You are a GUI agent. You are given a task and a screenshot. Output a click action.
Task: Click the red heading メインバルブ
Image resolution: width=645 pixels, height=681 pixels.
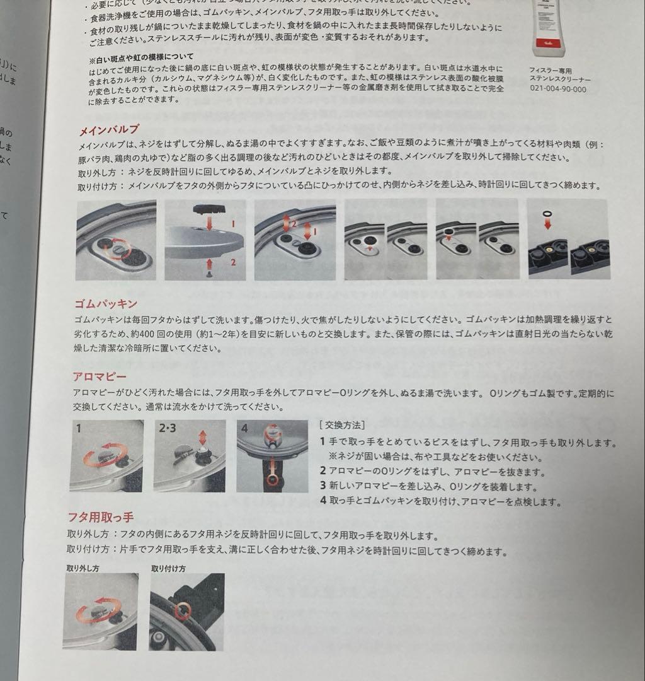pyautogui.click(x=108, y=131)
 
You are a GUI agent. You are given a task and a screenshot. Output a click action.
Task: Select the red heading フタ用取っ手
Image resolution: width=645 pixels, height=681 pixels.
pyautogui.click(x=100, y=518)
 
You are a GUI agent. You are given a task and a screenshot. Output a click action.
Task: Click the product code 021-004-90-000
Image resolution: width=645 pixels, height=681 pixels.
pyautogui.click(x=557, y=89)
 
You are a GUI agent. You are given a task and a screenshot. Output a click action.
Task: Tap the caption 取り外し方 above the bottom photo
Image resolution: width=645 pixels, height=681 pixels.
pyautogui.click(x=83, y=567)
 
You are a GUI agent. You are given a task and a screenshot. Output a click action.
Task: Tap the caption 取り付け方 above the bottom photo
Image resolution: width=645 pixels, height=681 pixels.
pyautogui.click(x=168, y=567)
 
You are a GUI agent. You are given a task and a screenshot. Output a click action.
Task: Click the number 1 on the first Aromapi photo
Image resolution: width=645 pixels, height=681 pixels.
pyautogui.click(x=78, y=428)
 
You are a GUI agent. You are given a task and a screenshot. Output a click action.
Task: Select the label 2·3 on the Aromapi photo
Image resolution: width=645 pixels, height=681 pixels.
pyautogui.click(x=168, y=429)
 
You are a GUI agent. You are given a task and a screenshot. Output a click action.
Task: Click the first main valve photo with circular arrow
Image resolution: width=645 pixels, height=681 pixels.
pyautogui.click(x=116, y=240)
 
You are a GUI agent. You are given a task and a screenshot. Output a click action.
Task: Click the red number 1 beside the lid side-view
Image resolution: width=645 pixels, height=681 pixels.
pyautogui.click(x=233, y=223)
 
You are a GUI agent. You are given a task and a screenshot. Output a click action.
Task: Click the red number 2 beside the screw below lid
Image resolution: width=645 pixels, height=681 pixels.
pyautogui.click(x=233, y=262)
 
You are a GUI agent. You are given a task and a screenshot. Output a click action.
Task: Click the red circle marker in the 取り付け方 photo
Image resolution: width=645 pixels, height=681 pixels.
pyautogui.click(x=183, y=609)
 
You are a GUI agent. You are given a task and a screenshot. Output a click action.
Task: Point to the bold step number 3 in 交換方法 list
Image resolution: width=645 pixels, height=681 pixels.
pyautogui.click(x=322, y=487)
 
